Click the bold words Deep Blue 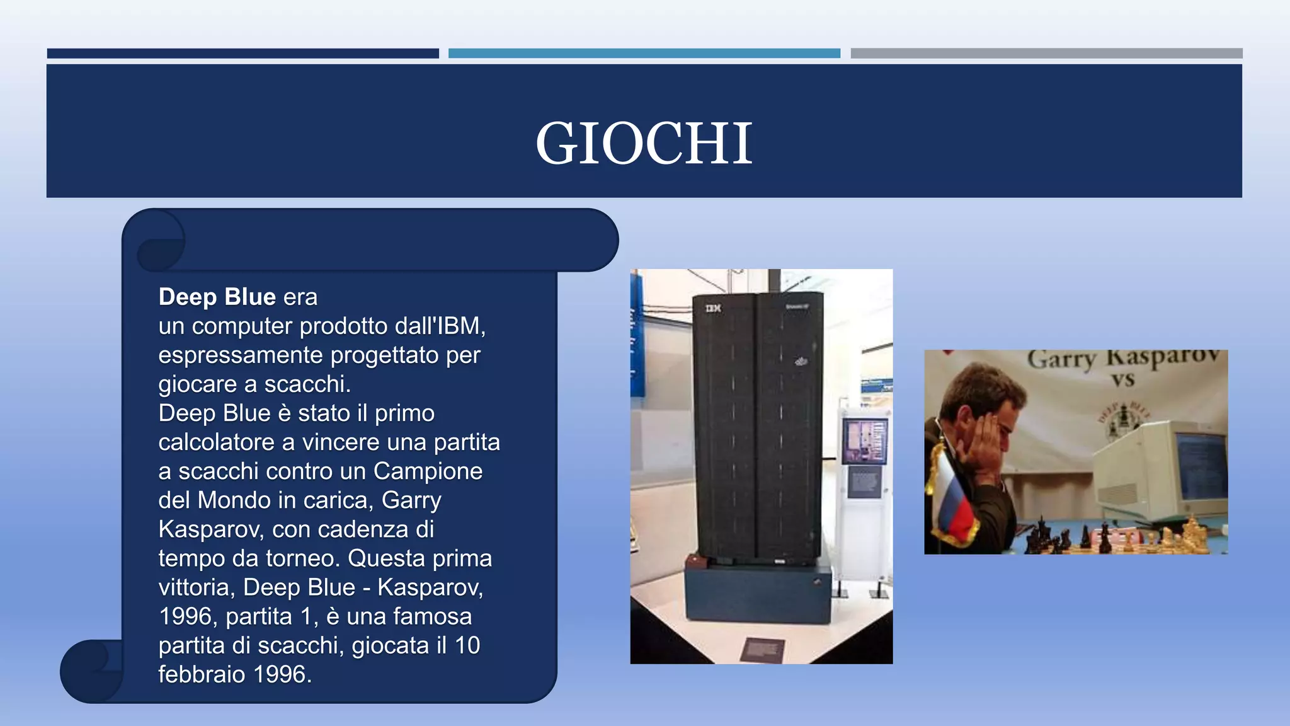point(217,297)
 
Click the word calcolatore point(217,442)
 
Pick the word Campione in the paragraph point(428,471)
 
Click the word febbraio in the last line point(202,674)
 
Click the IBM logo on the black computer point(712,308)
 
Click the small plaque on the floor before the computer point(762,649)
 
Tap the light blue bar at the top point(644,54)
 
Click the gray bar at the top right point(1046,54)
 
